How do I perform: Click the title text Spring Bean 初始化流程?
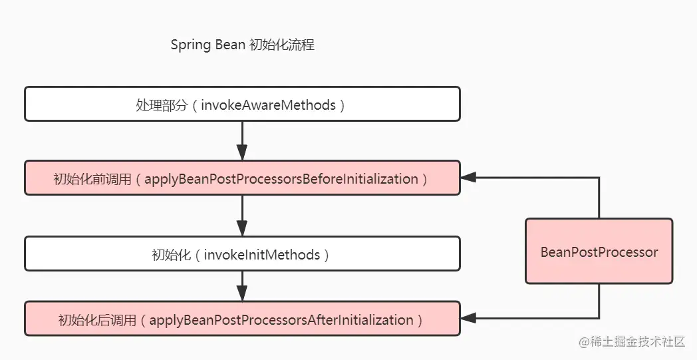[243, 45]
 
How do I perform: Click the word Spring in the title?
[190, 45]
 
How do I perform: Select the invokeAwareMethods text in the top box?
[269, 105]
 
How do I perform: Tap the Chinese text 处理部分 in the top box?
[162, 105]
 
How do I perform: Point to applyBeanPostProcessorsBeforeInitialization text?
[281, 179]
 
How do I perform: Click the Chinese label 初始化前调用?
[92, 179]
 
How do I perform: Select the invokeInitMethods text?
[262, 255]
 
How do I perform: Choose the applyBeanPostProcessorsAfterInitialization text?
[281, 320]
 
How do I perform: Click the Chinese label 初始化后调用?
[97, 320]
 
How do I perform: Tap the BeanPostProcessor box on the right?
[599, 251]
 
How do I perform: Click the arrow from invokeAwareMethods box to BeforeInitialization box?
[242, 140]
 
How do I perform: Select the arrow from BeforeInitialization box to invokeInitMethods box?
[242, 216]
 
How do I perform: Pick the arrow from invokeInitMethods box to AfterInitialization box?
[242, 286]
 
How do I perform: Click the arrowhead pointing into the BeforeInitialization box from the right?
[468, 178]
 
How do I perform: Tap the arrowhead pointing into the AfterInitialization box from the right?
[468, 318]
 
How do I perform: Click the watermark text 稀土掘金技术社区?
[637, 342]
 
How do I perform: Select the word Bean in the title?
[230, 45]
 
